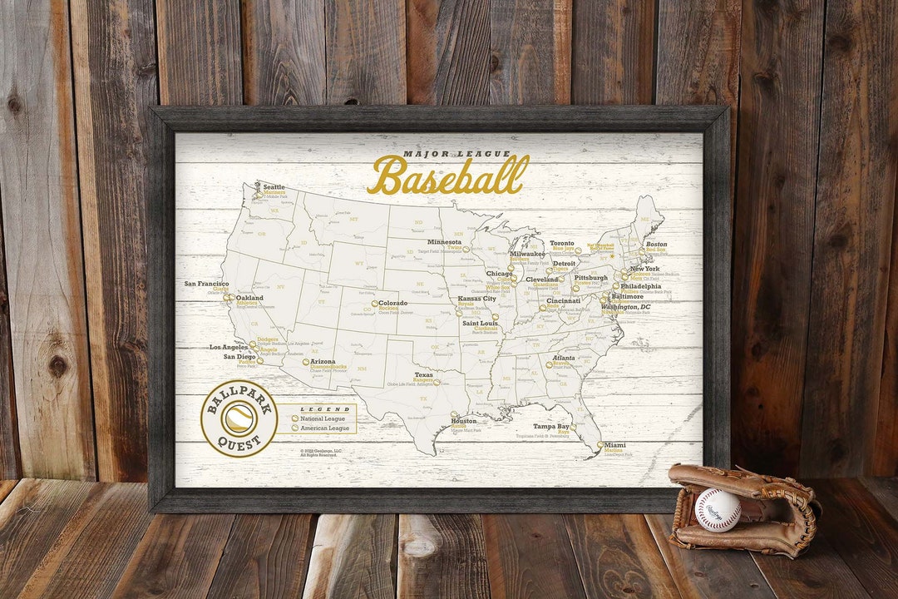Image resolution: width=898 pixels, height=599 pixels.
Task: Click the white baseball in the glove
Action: pos(718,509)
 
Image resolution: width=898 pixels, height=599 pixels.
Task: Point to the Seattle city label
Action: pos(274,187)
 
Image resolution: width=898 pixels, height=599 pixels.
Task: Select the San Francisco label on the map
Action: pos(206,284)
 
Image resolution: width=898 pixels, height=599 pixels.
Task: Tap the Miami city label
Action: pos(616,445)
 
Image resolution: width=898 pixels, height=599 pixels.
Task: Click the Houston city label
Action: pos(463,421)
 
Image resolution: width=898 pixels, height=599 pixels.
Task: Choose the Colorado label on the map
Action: pos(392,304)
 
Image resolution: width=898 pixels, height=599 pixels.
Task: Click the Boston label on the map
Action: pos(656,244)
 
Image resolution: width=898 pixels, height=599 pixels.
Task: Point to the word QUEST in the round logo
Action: pos(239,443)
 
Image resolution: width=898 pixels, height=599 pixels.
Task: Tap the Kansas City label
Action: pos(476,299)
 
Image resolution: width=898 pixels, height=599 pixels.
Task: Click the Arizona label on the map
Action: pos(323,362)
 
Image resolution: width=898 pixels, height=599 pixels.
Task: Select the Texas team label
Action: pos(423,375)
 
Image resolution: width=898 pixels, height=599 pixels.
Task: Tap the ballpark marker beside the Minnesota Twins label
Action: pos(467,249)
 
